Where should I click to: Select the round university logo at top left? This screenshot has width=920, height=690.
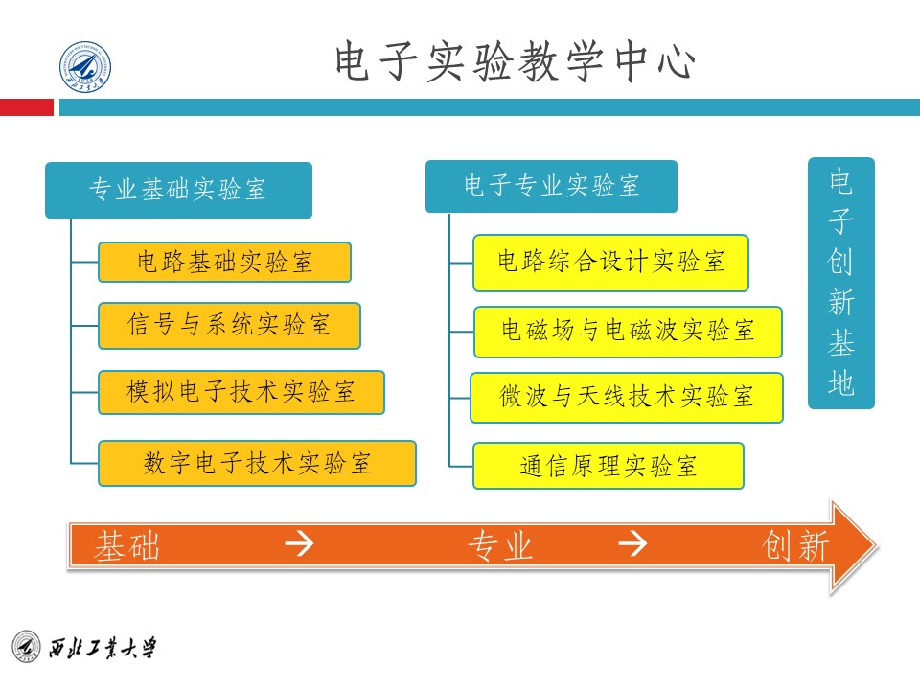click(86, 68)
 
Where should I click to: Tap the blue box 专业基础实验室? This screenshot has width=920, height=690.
click(178, 190)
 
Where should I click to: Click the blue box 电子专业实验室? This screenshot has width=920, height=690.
click(551, 185)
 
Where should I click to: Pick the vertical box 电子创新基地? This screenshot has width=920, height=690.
click(840, 283)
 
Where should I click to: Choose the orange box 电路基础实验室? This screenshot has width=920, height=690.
click(224, 262)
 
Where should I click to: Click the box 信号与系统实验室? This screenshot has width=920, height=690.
click(229, 326)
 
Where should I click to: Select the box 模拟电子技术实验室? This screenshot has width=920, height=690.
click(241, 392)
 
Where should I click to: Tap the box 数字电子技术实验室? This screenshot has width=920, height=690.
click(257, 464)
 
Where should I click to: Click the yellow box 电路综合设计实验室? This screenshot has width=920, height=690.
click(610, 262)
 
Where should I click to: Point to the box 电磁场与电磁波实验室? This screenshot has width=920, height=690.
click(628, 332)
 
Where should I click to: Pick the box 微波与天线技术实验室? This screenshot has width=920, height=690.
click(626, 397)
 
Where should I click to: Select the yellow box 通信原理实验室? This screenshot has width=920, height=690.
click(608, 466)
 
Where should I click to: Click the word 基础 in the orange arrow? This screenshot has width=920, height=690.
click(126, 546)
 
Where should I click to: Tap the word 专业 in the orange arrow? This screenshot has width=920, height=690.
click(499, 546)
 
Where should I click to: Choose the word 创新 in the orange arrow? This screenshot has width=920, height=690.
click(796, 546)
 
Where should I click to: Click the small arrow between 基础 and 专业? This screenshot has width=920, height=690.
click(301, 545)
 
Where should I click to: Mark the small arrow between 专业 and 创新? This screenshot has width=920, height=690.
click(632, 545)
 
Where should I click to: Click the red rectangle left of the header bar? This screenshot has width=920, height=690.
click(27, 108)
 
